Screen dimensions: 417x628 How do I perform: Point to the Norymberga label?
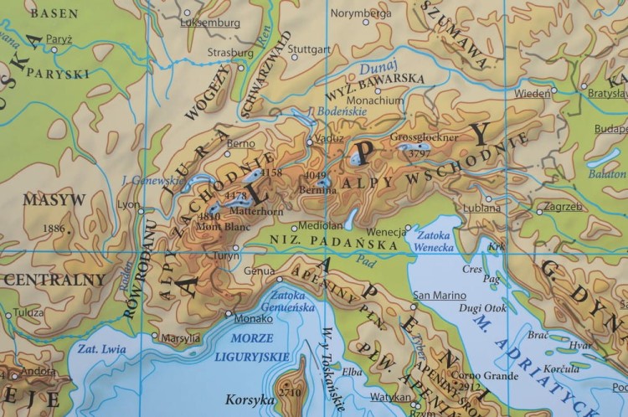361,13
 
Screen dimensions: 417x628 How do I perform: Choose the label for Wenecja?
385,231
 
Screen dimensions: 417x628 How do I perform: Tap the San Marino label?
440,295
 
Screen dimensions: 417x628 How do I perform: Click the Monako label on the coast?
254,318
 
